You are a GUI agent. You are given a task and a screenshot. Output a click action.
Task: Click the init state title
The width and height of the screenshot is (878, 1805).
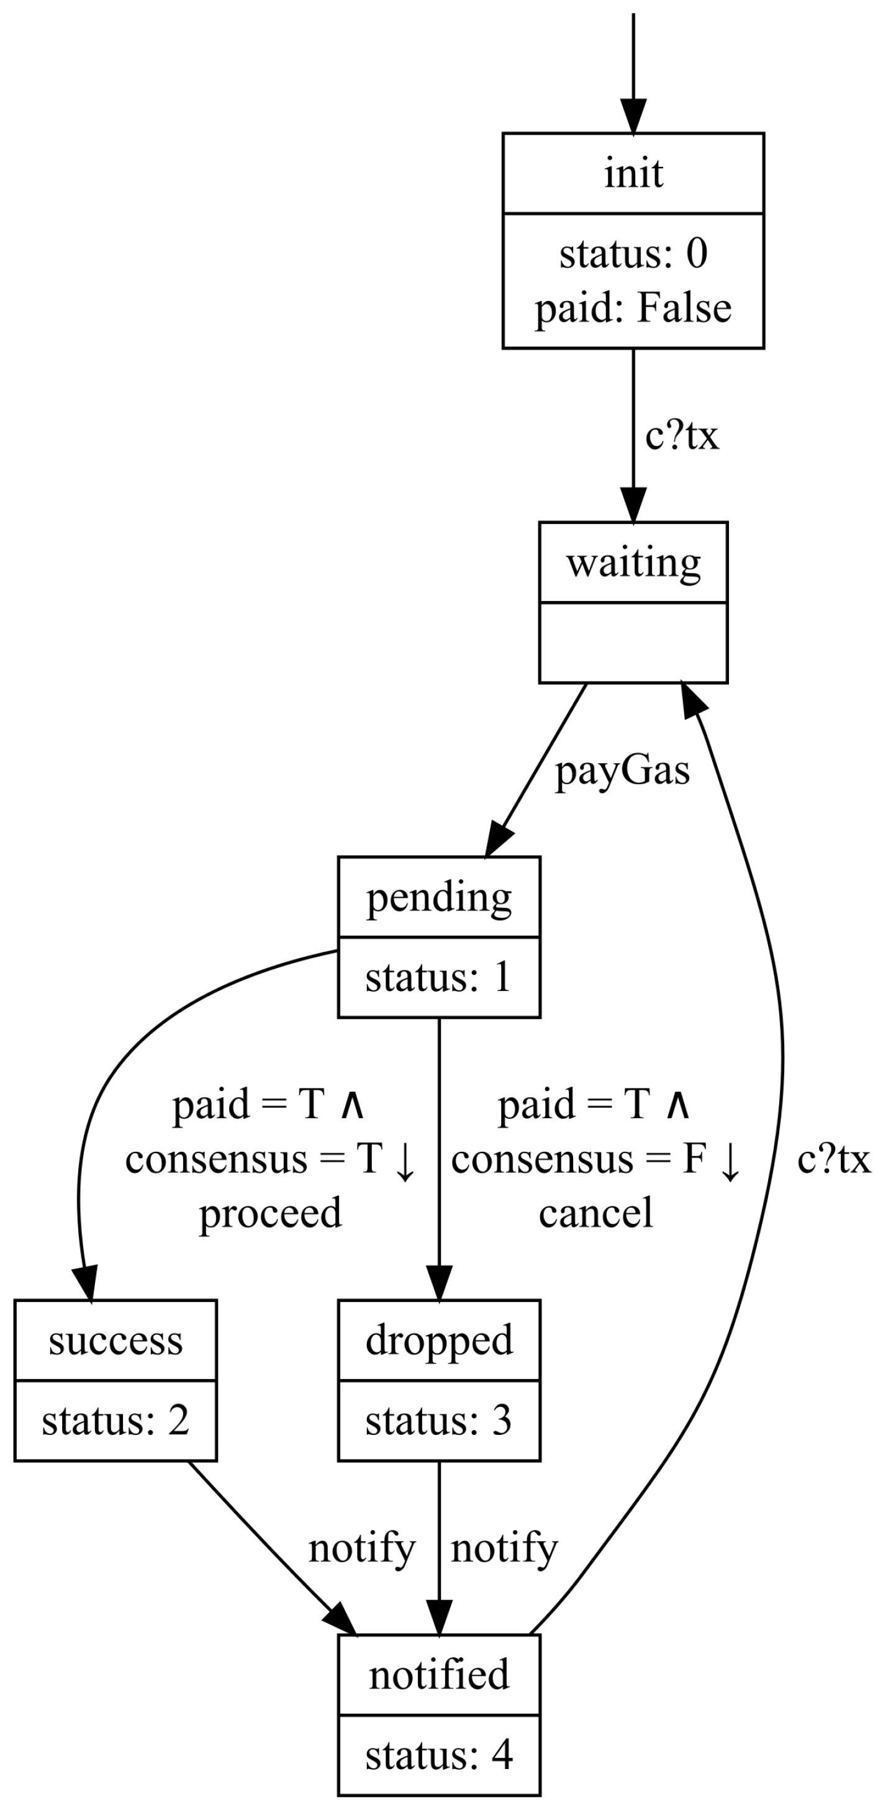coord(633,173)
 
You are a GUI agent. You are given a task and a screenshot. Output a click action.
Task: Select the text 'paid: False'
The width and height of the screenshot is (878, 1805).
coord(633,307)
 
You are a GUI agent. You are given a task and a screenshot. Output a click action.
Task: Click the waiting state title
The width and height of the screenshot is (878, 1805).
coord(633,563)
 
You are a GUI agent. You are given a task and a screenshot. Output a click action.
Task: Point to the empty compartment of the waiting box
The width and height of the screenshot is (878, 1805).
coord(633,642)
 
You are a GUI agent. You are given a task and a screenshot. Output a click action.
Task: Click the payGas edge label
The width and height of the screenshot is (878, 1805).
coord(622,771)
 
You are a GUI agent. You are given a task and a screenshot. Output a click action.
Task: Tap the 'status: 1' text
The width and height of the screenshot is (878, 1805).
coord(438,977)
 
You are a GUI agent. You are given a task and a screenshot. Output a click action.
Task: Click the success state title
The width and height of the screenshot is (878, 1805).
coord(115,1341)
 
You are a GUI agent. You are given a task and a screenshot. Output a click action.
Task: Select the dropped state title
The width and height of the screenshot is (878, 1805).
coord(438,1341)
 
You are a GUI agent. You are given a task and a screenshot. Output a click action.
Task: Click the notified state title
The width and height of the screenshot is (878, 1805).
coord(438,1675)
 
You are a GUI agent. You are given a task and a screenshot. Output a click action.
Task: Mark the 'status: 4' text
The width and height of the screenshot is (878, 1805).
coord(438,1755)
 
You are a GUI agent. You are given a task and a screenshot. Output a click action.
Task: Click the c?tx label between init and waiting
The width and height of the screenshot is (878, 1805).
coord(682,435)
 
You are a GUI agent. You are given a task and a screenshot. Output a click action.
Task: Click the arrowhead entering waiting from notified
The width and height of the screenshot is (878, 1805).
coord(693,698)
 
